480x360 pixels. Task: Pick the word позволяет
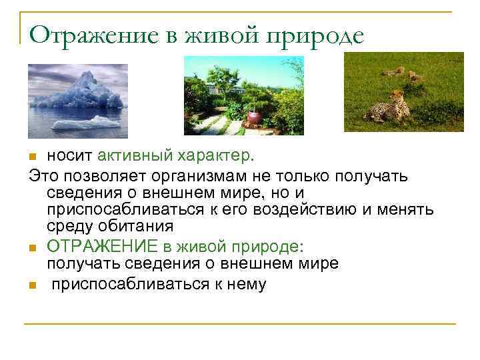(x=95, y=175)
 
